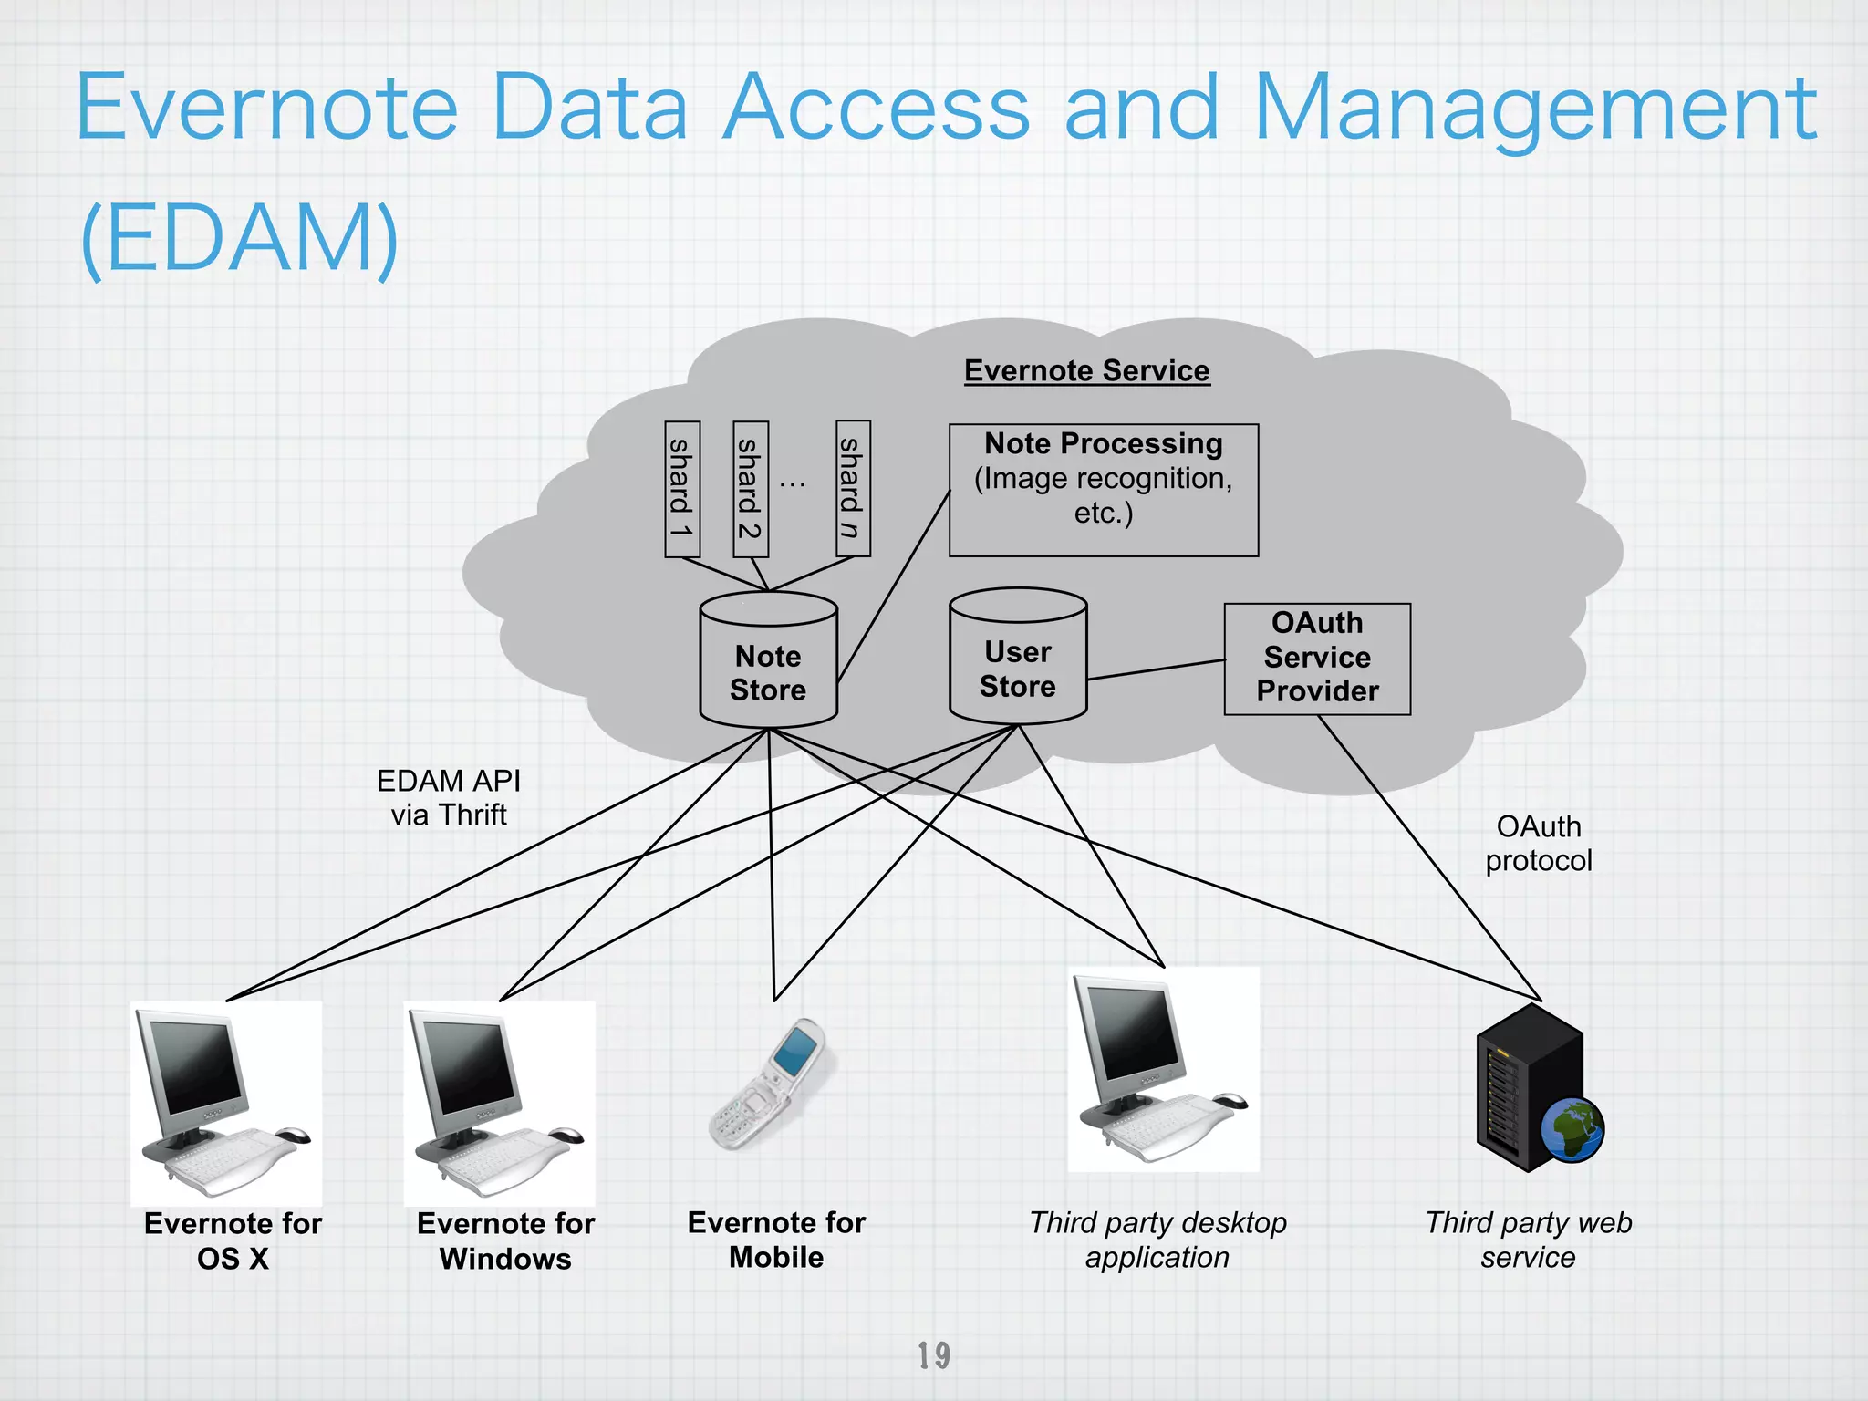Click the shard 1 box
[x=682, y=489]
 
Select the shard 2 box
[x=751, y=489]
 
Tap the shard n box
[x=853, y=489]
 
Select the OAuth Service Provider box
[x=1317, y=659]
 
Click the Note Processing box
[x=1104, y=490]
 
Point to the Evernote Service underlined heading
[x=1087, y=371]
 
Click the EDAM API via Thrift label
[x=449, y=798]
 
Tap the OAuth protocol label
[x=1539, y=844]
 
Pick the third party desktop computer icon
[x=1163, y=1069]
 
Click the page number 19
[x=934, y=1355]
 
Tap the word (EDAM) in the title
[x=239, y=239]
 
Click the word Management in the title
[x=1535, y=109]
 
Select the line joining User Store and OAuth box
[x=1156, y=669]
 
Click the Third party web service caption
[x=1529, y=1240]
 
